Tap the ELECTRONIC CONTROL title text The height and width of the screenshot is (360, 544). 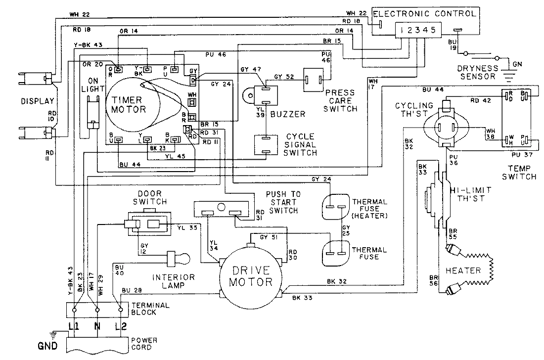[424, 13]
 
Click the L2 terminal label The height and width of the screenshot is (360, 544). [120, 327]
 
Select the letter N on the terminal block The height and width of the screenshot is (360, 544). [97, 327]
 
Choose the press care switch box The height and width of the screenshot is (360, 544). [316, 78]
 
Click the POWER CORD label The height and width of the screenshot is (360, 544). [144, 344]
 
